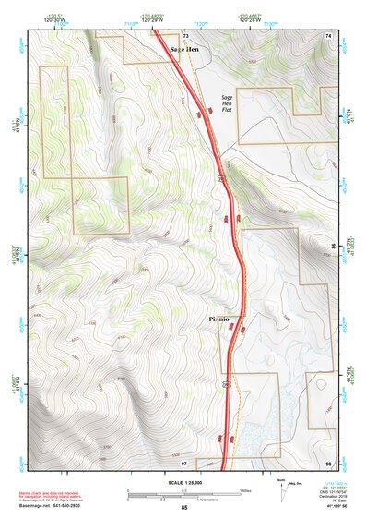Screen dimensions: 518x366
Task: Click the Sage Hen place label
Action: pyautogui.click(x=183, y=48)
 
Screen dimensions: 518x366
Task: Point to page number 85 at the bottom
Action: pyautogui.click(x=183, y=509)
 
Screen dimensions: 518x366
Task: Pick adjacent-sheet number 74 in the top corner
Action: pyautogui.click(x=327, y=34)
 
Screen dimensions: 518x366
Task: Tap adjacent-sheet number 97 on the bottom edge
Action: pyautogui.click(x=184, y=462)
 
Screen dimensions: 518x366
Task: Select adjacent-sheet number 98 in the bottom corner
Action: pyautogui.click(x=327, y=462)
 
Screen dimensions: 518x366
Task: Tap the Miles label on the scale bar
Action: pyautogui.click(x=244, y=490)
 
